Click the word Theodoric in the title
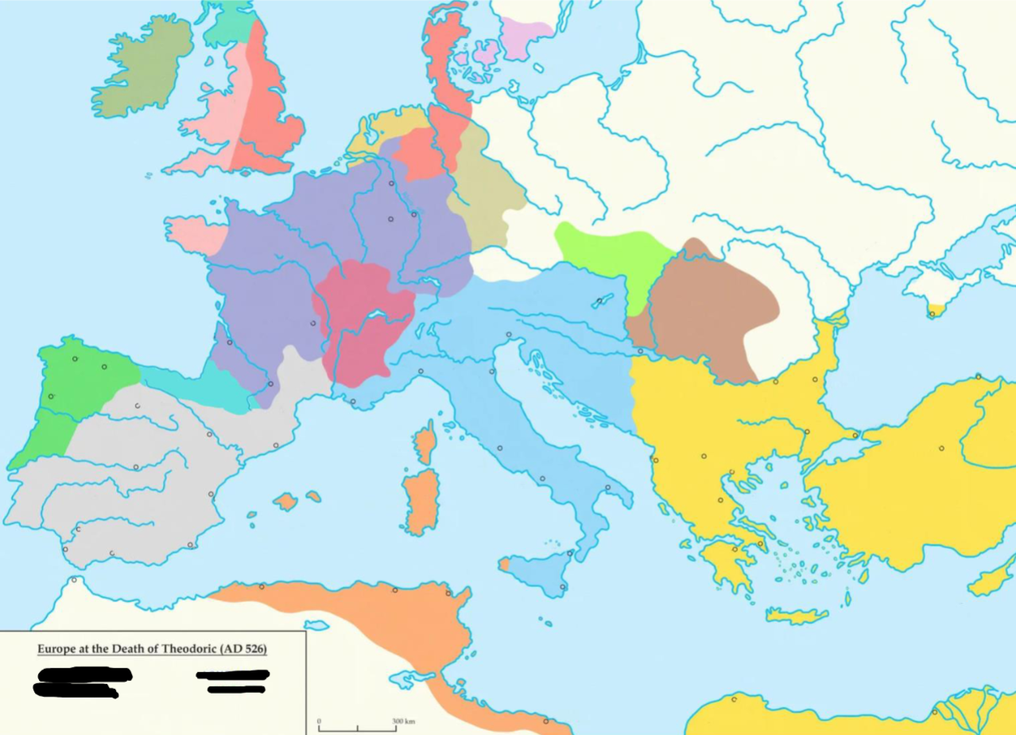[x=191, y=648]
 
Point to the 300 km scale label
[x=405, y=722]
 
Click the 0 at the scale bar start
[x=320, y=722]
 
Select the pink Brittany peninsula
[x=195, y=235]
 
